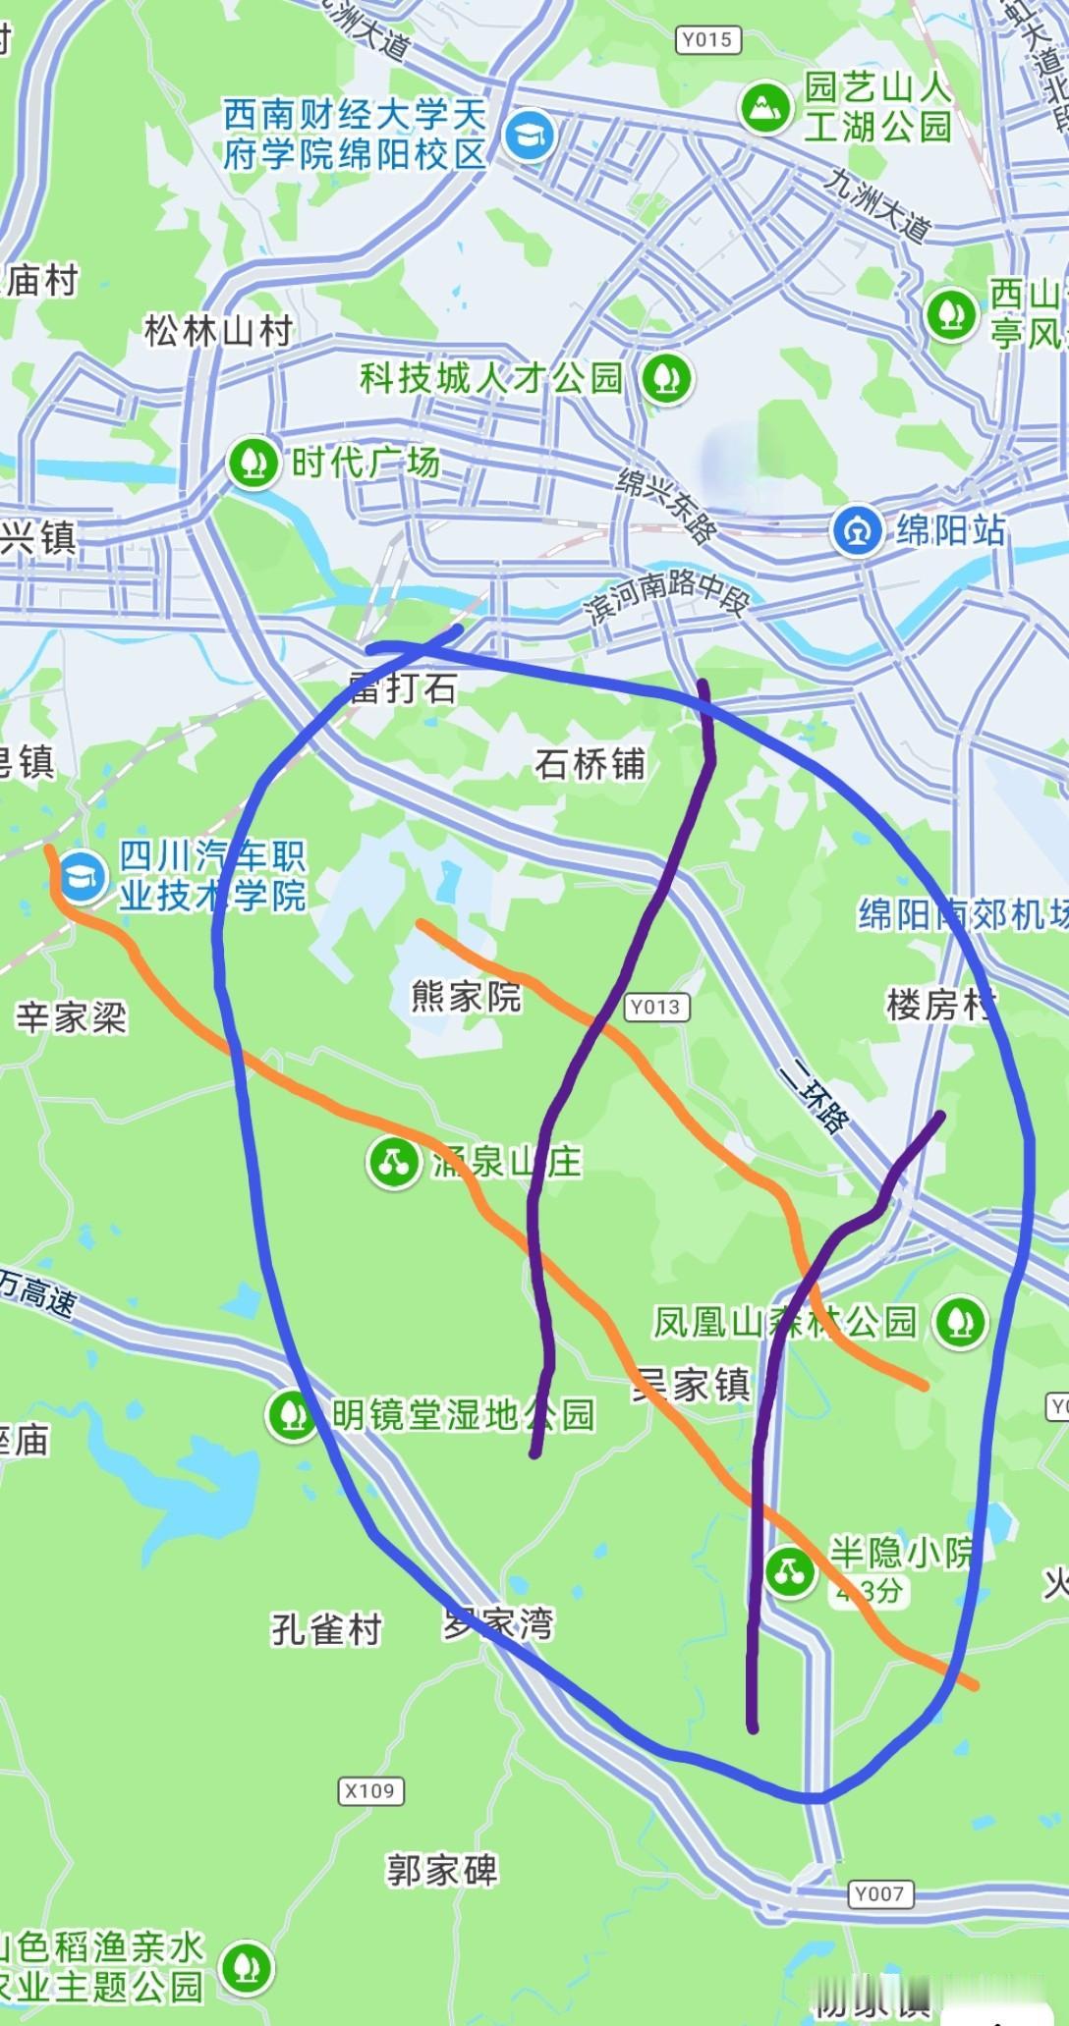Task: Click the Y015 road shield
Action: [x=707, y=39]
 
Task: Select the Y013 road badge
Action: [x=656, y=1007]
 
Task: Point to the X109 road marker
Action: [x=370, y=1790]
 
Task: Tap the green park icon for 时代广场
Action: [x=253, y=463]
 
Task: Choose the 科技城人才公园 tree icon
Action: [x=666, y=377]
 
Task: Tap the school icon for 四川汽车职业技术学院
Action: [x=81, y=875]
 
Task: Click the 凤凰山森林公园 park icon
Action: [x=960, y=1321]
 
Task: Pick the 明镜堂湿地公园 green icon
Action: [x=292, y=1415]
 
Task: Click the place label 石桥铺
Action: [x=590, y=763]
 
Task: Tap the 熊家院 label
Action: [x=466, y=997]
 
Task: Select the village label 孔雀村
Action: [x=326, y=1629]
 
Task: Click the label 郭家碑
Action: [x=441, y=1870]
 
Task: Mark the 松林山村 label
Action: [x=218, y=331]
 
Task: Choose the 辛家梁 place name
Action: [x=71, y=1016]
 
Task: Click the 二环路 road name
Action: [x=812, y=1097]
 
